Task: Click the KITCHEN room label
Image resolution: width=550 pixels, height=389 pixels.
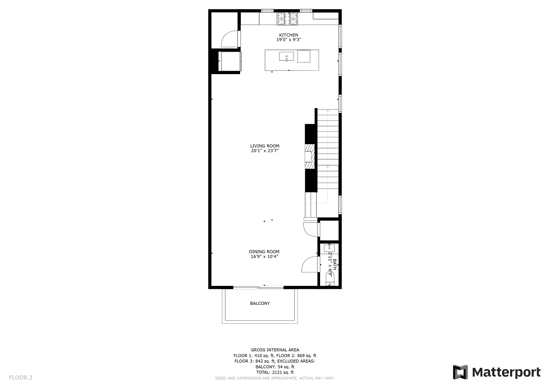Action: click(x=288, y=35)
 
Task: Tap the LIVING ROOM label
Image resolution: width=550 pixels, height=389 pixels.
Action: click(x=264, y=146)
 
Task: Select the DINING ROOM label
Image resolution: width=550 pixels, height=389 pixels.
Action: click(x=264, y=252)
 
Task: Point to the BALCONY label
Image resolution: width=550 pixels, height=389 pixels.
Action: click(x=260, y=303)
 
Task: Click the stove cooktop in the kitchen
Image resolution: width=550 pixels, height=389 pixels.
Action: click(x=287, y=19)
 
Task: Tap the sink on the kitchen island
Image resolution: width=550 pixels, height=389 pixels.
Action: click(x=286, y=56)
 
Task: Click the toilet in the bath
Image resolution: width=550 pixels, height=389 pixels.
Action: click(x=329, y=279)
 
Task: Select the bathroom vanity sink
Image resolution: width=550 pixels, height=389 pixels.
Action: click(x=329, y=248)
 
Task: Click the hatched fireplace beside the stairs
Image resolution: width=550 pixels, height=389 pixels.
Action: click(x=310, y=156)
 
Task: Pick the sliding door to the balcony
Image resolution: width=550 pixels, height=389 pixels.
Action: click(x=258, y=287)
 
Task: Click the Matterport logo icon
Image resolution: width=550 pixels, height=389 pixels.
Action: click(x=460, y=372)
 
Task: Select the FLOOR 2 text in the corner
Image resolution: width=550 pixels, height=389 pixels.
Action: click(x=21, y=378)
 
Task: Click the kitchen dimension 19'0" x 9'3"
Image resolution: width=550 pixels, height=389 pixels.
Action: click(x=288, y=40)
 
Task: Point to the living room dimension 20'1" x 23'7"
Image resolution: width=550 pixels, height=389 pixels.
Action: click(x=264, y=151)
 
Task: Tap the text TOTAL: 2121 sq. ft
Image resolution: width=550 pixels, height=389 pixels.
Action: click(x=275, y=372)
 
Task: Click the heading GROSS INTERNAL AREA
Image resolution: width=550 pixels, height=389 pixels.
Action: click(x=275, y=350)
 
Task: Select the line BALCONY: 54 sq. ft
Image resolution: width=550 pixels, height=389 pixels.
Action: click(x=275, y=367)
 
